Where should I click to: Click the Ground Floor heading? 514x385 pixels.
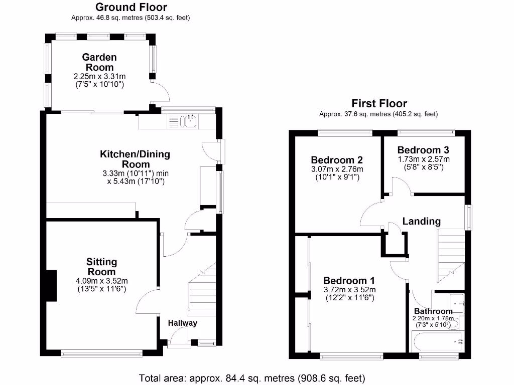click(x=131, y=7)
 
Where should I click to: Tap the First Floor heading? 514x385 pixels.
click(x=378, y=104)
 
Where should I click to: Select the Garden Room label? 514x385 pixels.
click(x=99, y=62)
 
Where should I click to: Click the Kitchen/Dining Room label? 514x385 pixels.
click(x=135, y=159)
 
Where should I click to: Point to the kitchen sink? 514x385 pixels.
click(x=191, y=121)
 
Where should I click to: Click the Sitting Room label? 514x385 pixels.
click(x=101, y=267)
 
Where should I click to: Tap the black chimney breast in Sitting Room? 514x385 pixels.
click(x=51, y=286)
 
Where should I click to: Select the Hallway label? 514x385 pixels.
click(x=182, y=323)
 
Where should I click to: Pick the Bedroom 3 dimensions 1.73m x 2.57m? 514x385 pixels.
click(x=423, y=159)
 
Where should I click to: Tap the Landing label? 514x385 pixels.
click(x=422, y=221)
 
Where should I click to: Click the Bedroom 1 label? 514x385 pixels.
click(x=349, y=280)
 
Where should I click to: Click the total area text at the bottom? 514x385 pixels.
click(x=251, y=377)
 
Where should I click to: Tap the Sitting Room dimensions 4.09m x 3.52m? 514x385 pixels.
click(x=101, y=281)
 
